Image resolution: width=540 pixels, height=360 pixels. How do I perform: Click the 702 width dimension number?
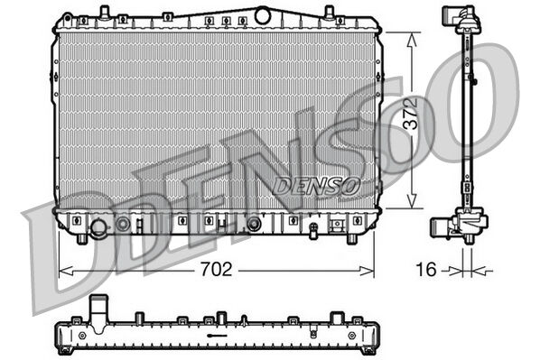[216, 269]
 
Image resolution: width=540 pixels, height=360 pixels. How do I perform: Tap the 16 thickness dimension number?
[427, 269]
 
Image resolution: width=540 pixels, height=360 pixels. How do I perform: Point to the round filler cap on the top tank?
[263, 14]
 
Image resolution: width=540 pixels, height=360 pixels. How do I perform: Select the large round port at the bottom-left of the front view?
[98, 226]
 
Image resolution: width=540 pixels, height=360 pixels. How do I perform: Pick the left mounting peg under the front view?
[82, 238]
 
